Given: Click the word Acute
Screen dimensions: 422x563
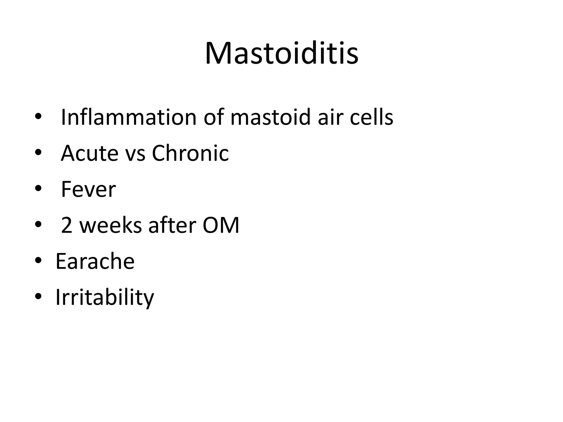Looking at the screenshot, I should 89,153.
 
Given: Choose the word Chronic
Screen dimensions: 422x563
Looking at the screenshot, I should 190,153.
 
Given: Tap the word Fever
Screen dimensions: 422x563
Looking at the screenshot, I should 88,189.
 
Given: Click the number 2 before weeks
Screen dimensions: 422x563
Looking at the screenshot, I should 67,225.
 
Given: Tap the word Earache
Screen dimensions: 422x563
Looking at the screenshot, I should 95,261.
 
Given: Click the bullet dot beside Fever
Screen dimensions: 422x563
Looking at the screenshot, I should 38,189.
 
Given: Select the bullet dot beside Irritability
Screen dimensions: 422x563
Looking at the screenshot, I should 38,296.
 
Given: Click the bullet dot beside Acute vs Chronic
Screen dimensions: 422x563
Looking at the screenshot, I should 38,152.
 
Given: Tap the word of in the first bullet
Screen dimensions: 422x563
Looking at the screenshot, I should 213,117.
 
